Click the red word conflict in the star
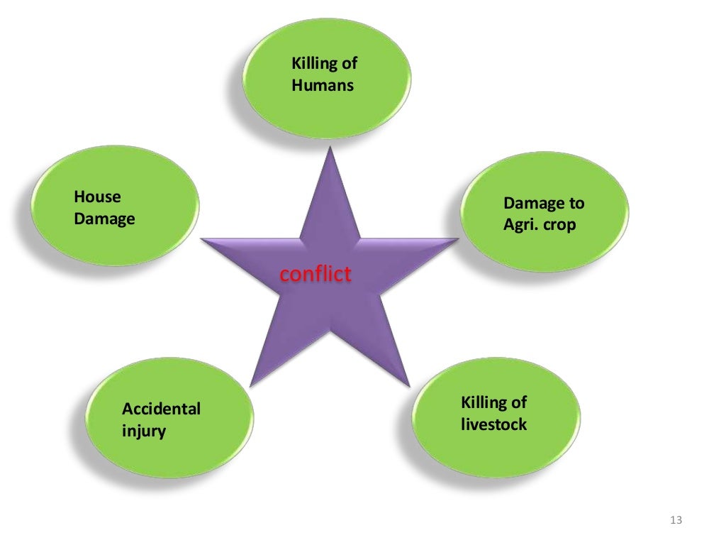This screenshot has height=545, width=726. [x=315, y=274]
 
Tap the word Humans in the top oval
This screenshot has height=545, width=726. [x=323, y=86]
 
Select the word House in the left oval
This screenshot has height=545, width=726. [x=98, y=197]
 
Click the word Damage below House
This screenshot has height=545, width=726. [x=104, y=219]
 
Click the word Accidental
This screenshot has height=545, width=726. [x=161, y=409]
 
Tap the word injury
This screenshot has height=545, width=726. [x=144, y=431]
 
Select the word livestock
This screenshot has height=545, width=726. [x=494, y=425]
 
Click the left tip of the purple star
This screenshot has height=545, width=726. [x=203, y=240]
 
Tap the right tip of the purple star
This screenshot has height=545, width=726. [x=457, y=240]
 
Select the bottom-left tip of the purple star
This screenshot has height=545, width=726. [x=251, y=385]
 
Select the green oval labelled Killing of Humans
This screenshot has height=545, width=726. [x=327, y=78]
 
